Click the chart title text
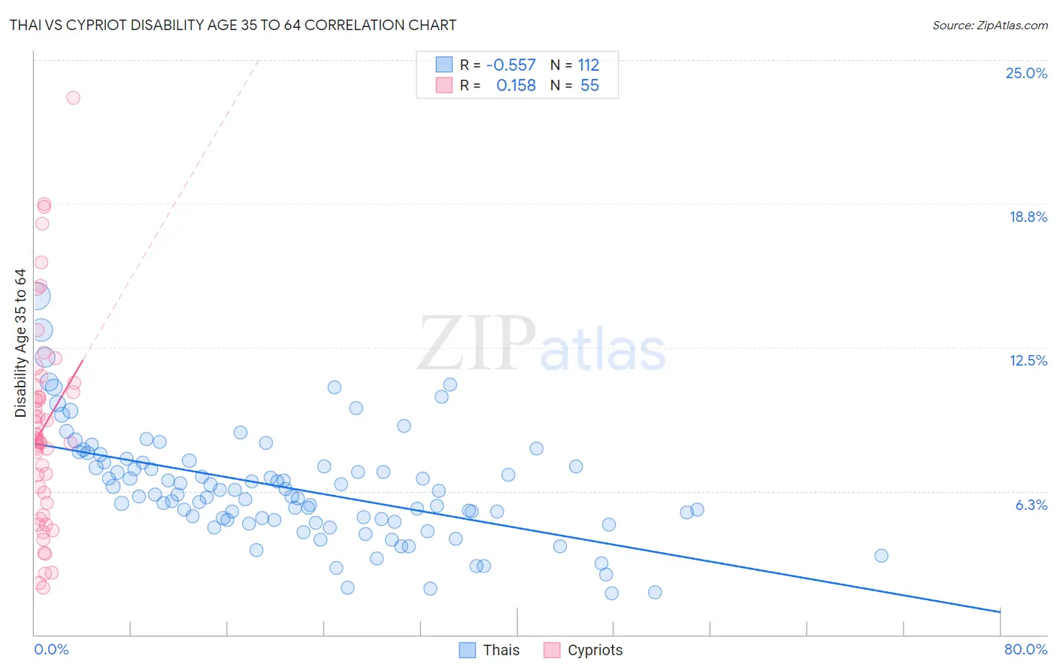(x=233, y=26)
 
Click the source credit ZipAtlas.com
(x=989, y=26)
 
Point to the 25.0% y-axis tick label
(x=1026, y=73)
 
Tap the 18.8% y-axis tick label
(x=1028, y=217)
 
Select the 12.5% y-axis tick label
(x=1028, y=360)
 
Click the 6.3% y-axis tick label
(x=1031, y=505)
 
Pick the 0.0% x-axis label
(x=51, y=649)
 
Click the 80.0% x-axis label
(x=1025, y=649)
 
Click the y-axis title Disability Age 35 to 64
(x=20, y=343)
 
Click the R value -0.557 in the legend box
(x=511, y=65)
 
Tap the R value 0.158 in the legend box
(x=516, y=86)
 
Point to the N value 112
(x=588, y=65)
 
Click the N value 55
(x=589, y=86)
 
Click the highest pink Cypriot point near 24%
(x=73, y=98)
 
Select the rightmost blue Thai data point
(x=881, y=556)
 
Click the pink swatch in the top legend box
(x=444, y=86)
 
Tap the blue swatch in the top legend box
(x=444, y=65)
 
